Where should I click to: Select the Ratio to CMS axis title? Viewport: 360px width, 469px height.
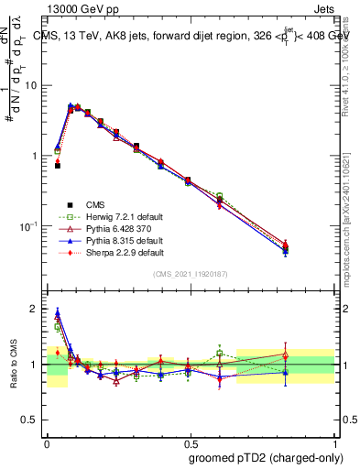(12, 364)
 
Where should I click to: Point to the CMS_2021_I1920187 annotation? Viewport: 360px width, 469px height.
(191, 275)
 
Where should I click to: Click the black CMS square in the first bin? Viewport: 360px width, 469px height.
(57, 166)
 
